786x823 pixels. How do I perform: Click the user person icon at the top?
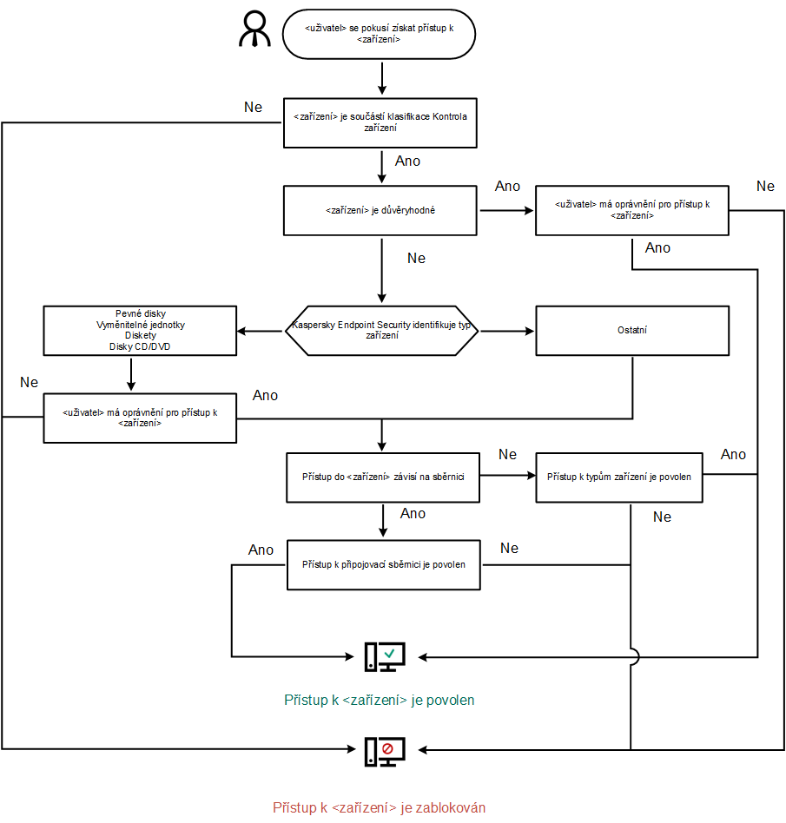[255, 30]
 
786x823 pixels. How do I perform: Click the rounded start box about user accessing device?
[379, 35]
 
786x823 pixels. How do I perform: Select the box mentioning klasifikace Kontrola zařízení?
[380, 122]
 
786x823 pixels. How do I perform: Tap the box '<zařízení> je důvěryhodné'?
[380, 210]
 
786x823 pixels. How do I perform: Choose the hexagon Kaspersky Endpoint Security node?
[382, 330]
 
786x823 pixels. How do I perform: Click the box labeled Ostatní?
[631, 330]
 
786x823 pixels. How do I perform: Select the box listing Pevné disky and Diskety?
[140, 330]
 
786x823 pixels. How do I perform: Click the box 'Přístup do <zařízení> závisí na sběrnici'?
[382, 477]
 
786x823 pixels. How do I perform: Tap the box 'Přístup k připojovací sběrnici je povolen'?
[383, 564]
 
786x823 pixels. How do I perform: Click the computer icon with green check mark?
[384, 657]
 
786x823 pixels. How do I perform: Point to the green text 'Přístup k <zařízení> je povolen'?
[380, 700]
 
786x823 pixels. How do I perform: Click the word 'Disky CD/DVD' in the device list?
[140, 346]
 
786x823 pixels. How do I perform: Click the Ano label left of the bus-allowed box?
[261, 550]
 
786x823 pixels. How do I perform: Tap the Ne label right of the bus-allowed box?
[509, 549]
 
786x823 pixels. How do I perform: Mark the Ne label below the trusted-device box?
[416, 259]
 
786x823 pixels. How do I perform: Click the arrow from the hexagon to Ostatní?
[507, 331]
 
